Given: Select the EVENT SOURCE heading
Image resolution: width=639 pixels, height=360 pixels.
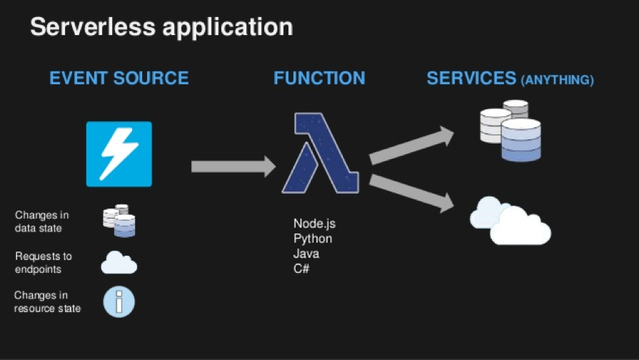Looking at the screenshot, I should click(x=119, y=78).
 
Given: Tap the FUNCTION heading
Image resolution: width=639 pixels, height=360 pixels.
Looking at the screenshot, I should click(x=319, y=78).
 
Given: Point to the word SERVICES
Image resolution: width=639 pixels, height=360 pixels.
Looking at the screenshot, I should click(x=471, y=78).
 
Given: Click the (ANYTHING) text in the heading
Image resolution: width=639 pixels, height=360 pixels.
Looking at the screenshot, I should click(x=558, y=80).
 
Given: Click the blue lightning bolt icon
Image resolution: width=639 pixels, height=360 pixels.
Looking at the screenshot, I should click(x=119, y=154).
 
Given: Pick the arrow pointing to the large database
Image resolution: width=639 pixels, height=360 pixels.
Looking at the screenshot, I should click(x=411, y=146).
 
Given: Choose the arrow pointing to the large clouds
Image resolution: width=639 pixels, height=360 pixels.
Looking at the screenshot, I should click(x=411, y=192).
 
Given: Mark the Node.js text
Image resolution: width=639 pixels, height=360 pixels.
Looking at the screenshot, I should click(x=314, y=224).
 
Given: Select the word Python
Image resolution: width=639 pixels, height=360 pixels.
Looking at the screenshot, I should click(x=313, y=239).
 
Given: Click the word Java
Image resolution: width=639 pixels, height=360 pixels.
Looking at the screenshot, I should click(x=306, y=254).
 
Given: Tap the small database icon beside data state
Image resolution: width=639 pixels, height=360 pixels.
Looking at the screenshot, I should click(x=119, y=220).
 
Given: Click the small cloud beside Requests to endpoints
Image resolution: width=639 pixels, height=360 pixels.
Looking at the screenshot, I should click(x=119, y=262).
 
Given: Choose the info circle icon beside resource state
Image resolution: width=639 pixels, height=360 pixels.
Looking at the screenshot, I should click(x=119, y=301).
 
